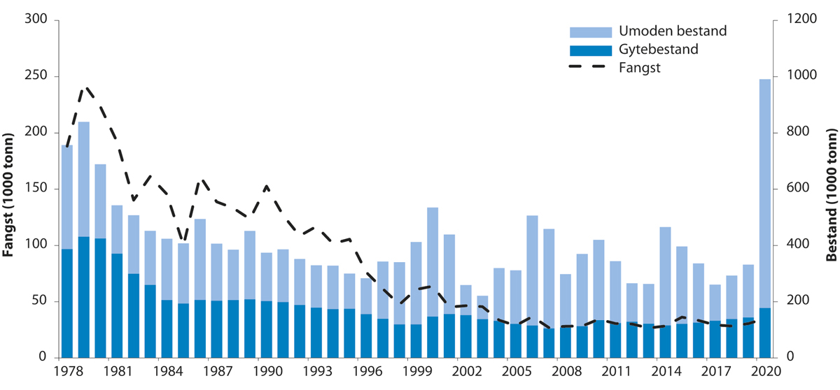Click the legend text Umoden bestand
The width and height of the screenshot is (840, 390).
click(673, 31)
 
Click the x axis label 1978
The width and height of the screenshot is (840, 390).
click(67, 370)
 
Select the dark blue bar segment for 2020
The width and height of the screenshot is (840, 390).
click(764, 333)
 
